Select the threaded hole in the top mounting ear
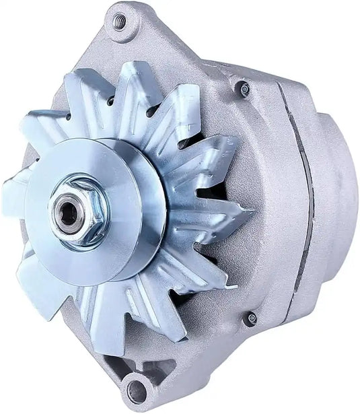tap(120, 23)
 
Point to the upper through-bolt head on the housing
tap(244, 88)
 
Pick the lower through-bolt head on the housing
tap(251, 318)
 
